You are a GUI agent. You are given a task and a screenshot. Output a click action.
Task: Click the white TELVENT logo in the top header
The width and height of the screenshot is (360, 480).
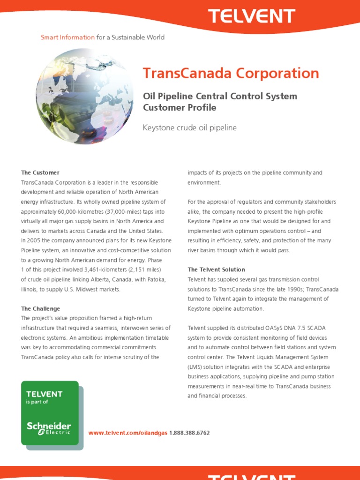pyautogui.click(x=251, y=16)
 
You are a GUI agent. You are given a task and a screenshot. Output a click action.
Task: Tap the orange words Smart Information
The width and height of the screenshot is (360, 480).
pyautogui.click(x=67, y=37)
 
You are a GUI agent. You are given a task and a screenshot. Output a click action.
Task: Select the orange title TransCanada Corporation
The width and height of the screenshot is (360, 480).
pyautogui.click(x=231, y=73)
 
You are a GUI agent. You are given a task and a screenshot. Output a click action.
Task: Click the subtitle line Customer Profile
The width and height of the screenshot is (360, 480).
pyautogui.click(x=180, y=107)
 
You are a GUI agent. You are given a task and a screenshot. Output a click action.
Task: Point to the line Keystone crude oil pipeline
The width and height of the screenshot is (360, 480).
pyautogui.click(x=189, y=127)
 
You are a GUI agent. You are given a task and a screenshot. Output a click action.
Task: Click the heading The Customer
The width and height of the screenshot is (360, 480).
pyautogui.click(x=40, y=172)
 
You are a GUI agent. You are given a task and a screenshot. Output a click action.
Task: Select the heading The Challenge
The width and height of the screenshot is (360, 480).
pyautogui.click(x=40, y=308)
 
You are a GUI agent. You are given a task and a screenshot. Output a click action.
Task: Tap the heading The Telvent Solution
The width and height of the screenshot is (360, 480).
pyautogui.click(x=216, y=270)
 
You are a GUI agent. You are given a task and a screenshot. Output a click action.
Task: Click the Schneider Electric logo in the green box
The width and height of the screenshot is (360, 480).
pyautogui.click(x=49, y=427)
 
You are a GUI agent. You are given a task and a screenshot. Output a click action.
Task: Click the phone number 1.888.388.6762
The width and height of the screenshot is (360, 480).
pyautogui.click(x=189, y=433)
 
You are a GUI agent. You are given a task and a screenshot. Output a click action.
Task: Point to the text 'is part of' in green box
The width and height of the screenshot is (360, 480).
pyautogui.click(x=37, y=402)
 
